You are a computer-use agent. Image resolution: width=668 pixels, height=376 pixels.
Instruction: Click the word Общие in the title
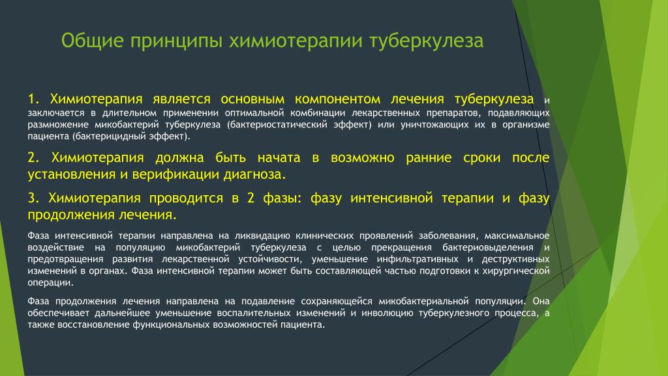click(93, 41)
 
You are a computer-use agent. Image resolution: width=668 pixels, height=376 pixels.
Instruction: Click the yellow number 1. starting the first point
click(34, 99)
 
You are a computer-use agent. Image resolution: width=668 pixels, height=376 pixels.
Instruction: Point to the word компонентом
click(337, 99)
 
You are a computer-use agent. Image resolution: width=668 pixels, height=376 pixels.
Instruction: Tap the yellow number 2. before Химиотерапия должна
click(34, 158)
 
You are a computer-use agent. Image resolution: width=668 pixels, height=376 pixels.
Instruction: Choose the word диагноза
click(255, 174)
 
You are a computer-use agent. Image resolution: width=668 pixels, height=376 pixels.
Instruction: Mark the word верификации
click(176, 175)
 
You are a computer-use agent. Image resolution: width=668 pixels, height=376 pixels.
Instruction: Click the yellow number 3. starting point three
click(34, 198)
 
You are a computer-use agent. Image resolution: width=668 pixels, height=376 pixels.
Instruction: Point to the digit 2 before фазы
click(250, 198)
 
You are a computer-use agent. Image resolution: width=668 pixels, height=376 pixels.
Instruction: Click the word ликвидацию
click(262, 236)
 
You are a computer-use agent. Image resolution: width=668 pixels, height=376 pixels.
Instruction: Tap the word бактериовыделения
click(488, 247)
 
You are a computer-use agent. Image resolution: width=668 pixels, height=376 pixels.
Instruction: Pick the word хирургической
click(516, 271)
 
